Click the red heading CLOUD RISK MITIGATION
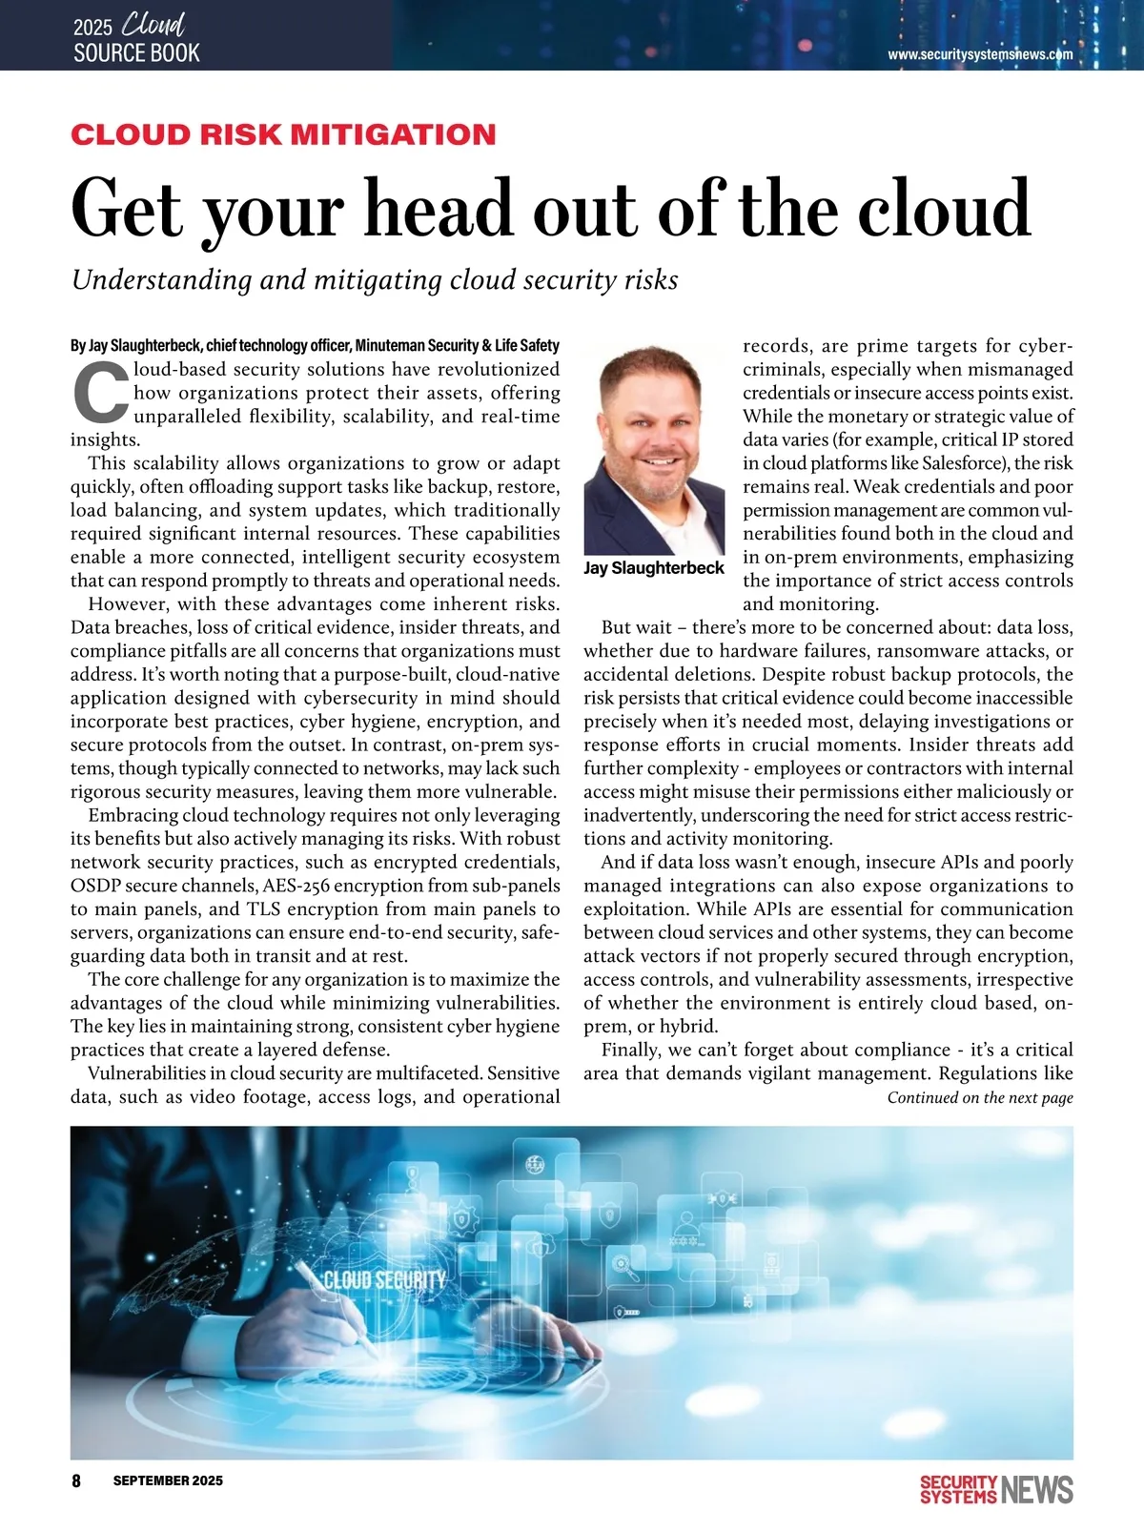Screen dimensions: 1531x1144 pyautogui.click(x=283, y=134)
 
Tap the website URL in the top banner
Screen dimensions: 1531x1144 pyautogui.click(x=980, y=54)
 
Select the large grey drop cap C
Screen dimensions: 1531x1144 pyautogui.click(x=100, y=392)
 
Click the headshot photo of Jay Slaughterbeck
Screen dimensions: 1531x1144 pyautogui.click(x=654, y=449)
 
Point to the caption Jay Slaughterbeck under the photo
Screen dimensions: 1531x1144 pyautogui.click(x=654, y=568)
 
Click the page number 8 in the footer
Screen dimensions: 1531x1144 pyautogui.click(x=76, y=1480)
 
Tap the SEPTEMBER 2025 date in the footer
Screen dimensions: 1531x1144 pyautogui.click(x=168, y=1480)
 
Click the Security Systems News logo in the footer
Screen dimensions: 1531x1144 pyautogui.click(x=996, y=1489)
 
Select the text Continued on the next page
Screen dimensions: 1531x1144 pyautogui.click(x=980, y=1097)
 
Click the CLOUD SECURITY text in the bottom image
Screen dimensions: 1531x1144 pyautogui.click(x=384, y=1278)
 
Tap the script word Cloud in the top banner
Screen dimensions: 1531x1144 pyautogui.click(x=153, y=25)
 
